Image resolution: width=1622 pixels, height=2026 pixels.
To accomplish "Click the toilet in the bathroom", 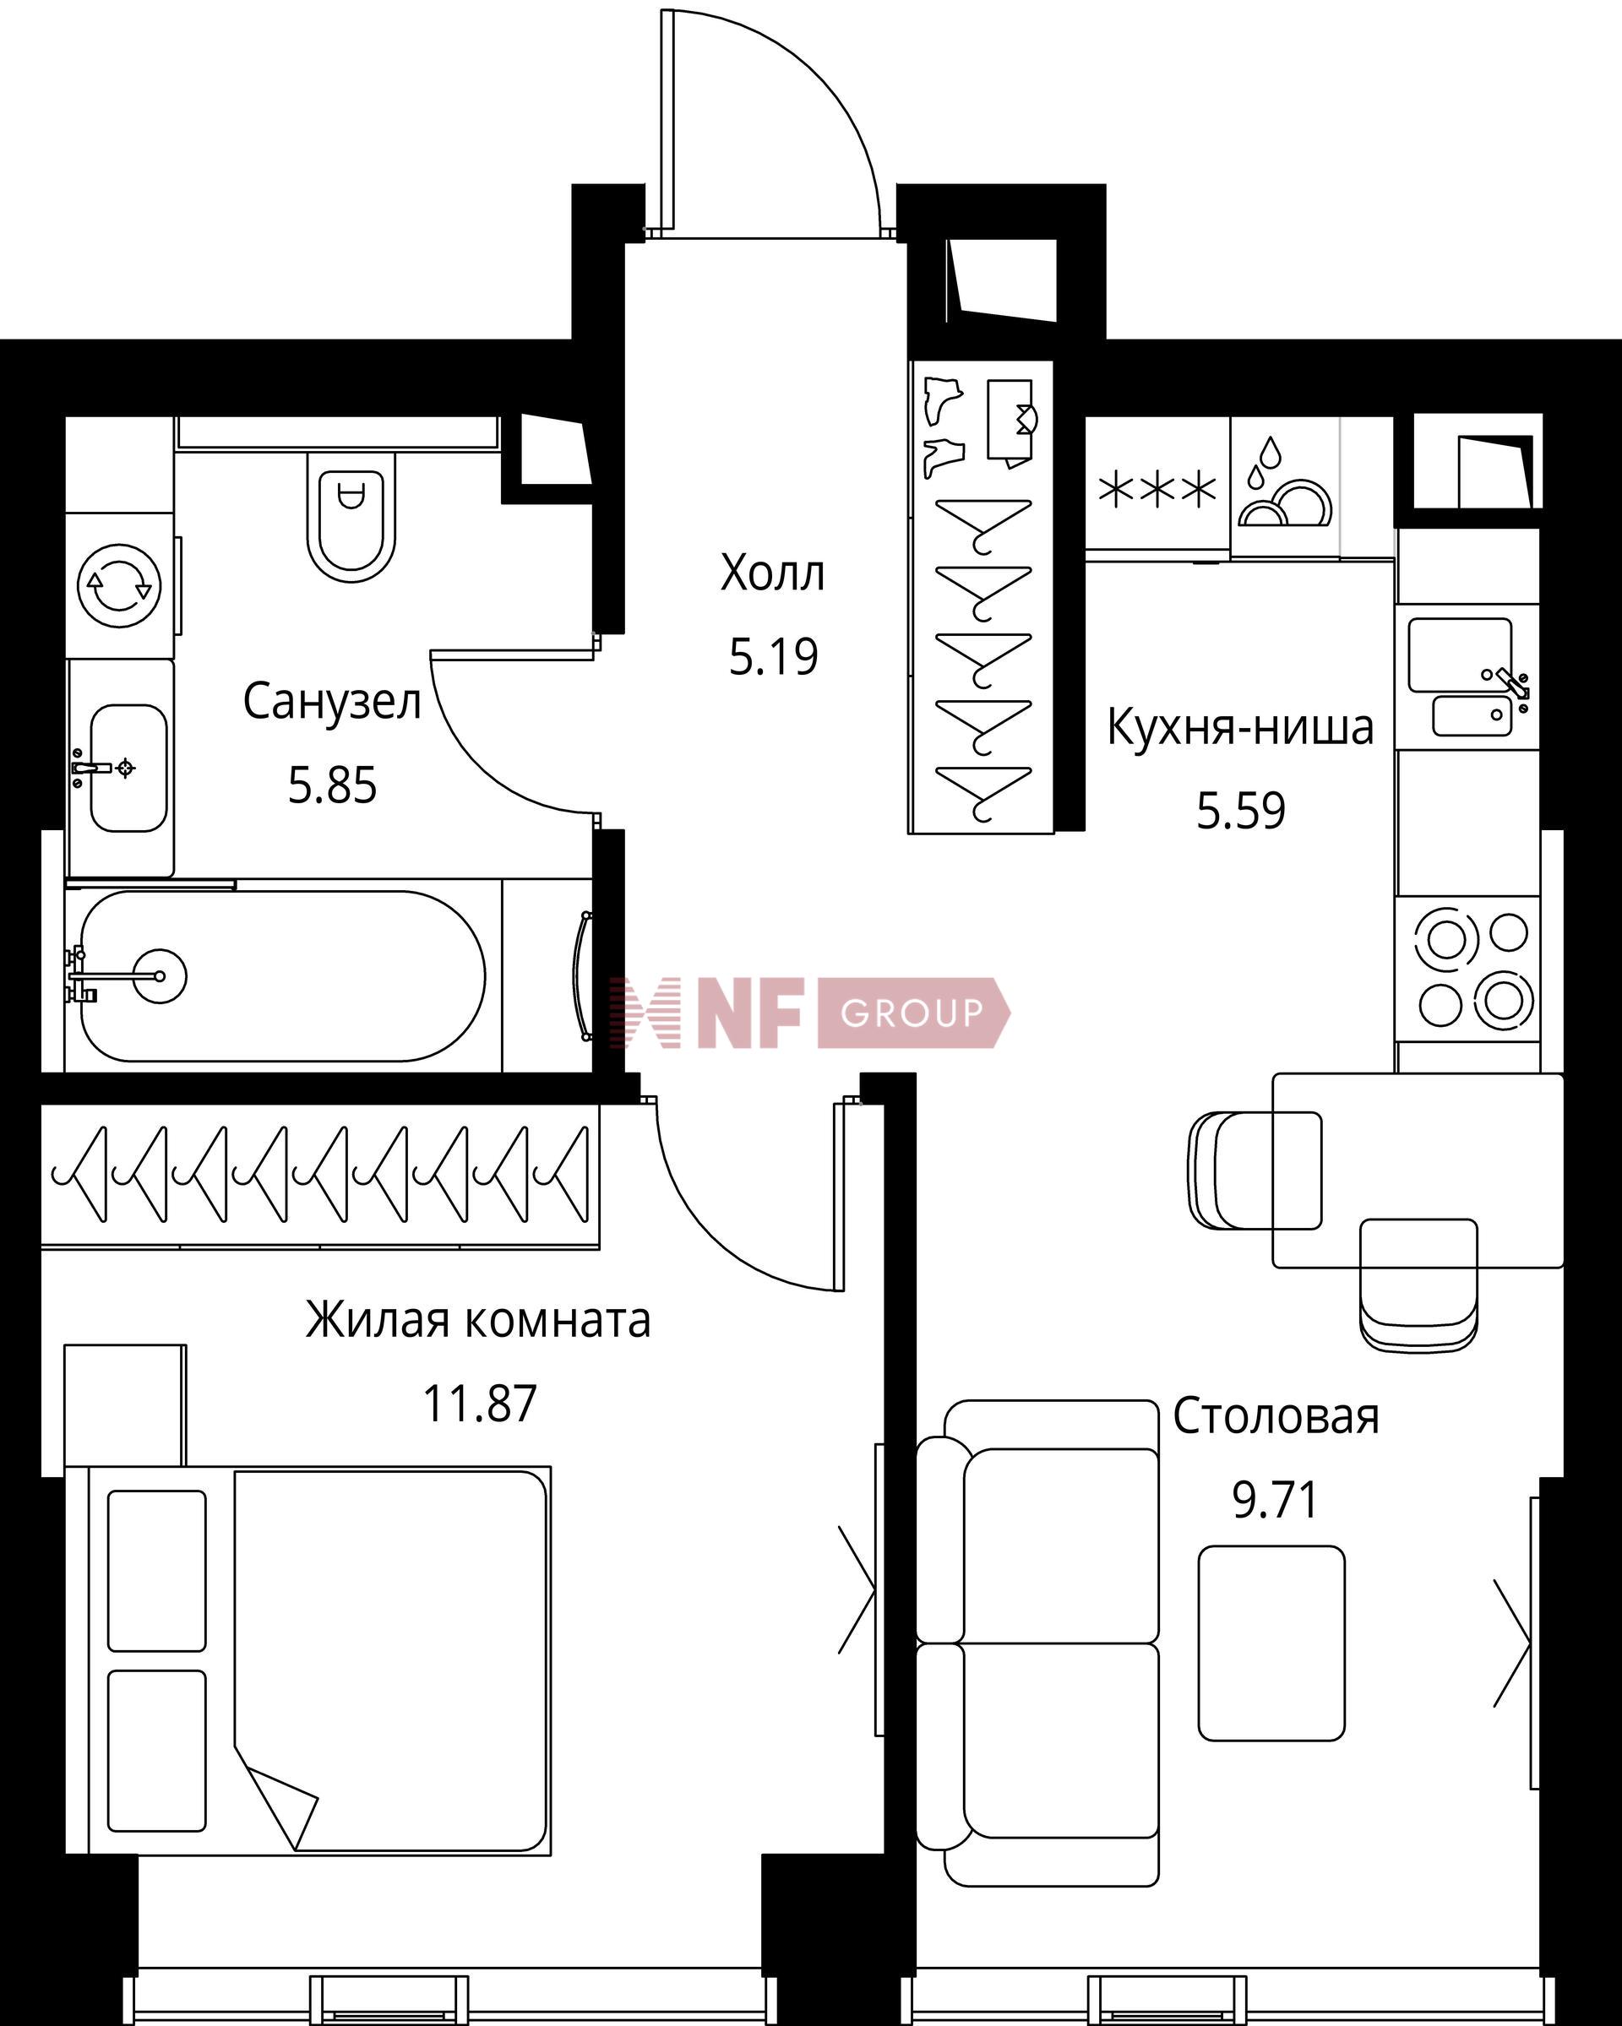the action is point(351,516).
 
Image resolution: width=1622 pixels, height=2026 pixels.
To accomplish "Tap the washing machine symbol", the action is point(119,584).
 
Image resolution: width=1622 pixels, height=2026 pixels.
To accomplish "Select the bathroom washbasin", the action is point(128,768).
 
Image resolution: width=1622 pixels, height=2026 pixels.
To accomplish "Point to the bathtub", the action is point(282,975).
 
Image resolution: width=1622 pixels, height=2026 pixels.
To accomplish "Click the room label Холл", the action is point(772,573).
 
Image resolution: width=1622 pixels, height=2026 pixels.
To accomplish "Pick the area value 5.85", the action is point(332,785).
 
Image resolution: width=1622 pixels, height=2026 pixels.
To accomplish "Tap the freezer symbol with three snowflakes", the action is point(1157,490).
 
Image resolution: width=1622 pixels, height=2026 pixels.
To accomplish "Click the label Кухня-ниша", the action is point(1240,727).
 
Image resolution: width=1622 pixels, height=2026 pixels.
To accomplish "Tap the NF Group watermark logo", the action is point(808,1012).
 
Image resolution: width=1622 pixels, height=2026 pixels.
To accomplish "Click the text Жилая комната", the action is point(478,1320).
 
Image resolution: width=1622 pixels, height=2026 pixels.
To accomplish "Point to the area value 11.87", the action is point(479,1404).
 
